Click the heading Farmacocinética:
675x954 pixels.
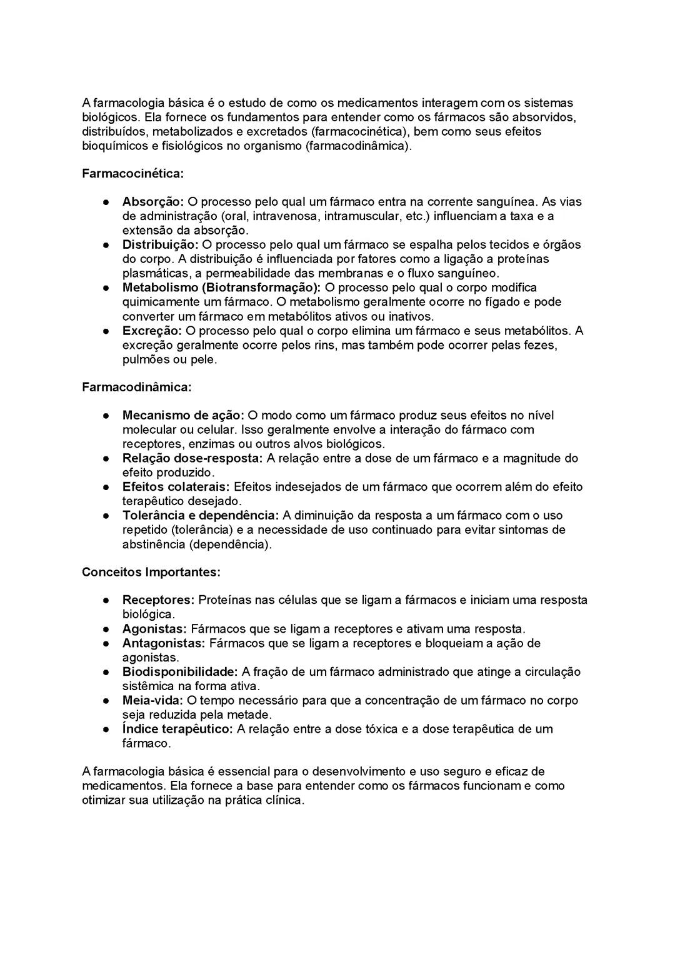pos(132,173)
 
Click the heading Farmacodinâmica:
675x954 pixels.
pos(136,387)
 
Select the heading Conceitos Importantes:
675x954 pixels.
pos(151,572)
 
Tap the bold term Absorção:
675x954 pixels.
pos(152,202)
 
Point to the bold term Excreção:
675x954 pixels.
pos(152,331)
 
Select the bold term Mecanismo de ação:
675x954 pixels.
pos(183,416)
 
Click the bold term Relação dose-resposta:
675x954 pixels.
pos(192,458)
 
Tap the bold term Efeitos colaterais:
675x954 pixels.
pos(176,487)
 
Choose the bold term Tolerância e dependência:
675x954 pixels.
pos(200,516)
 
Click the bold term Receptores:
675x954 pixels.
pos(159,600)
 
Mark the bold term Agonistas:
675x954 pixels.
pos(154,629)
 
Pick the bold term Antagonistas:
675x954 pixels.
pos(164,643)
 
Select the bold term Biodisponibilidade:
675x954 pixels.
pos(180,672)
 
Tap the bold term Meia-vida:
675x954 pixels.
pos(152,701)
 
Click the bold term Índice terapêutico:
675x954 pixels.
pos(177,729)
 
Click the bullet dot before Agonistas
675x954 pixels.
pos(107,629)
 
